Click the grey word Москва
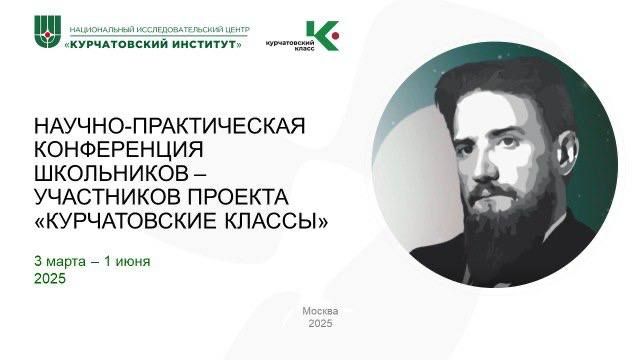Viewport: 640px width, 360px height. (x=319, y=311)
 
